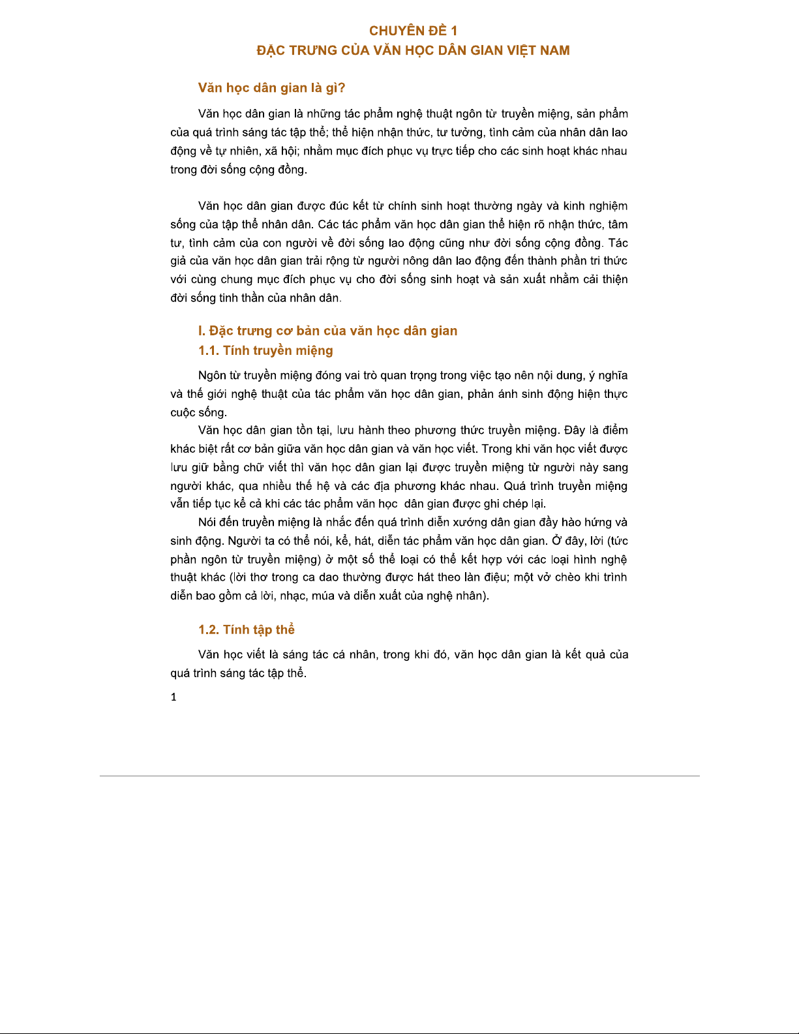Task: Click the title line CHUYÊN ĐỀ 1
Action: pos(413,31)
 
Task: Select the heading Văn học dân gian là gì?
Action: pos(271,88)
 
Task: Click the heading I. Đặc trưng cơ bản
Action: pos(327,331)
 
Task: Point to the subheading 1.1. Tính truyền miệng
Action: pos(265,350)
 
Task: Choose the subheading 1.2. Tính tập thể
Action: pos(247,630)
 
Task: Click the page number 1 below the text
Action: pos(173,697)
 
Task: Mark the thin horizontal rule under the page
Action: pos(399,776)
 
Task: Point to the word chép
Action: pos(515,504)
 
